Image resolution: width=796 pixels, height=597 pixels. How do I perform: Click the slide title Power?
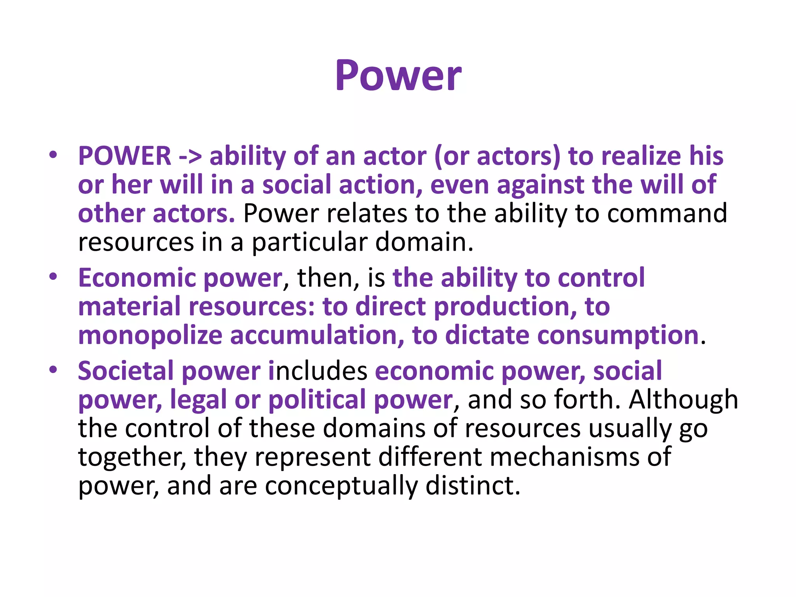[398, 76]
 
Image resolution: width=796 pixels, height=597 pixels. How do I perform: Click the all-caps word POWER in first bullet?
[124, 156]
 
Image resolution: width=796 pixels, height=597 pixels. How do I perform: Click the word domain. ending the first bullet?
[424, 242]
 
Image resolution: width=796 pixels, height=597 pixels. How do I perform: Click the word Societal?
[126, 371]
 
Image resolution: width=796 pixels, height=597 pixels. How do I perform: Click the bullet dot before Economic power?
[53, 277]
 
